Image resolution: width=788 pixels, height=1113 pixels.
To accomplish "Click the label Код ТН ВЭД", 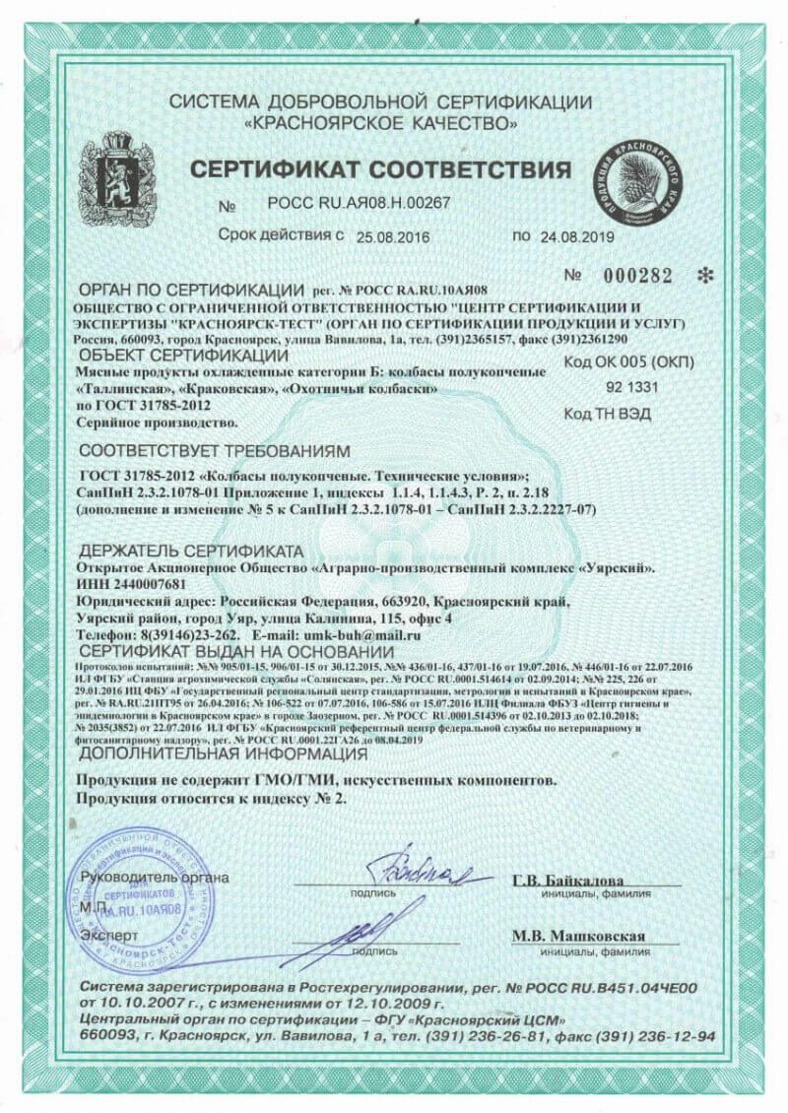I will click(607, 414).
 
